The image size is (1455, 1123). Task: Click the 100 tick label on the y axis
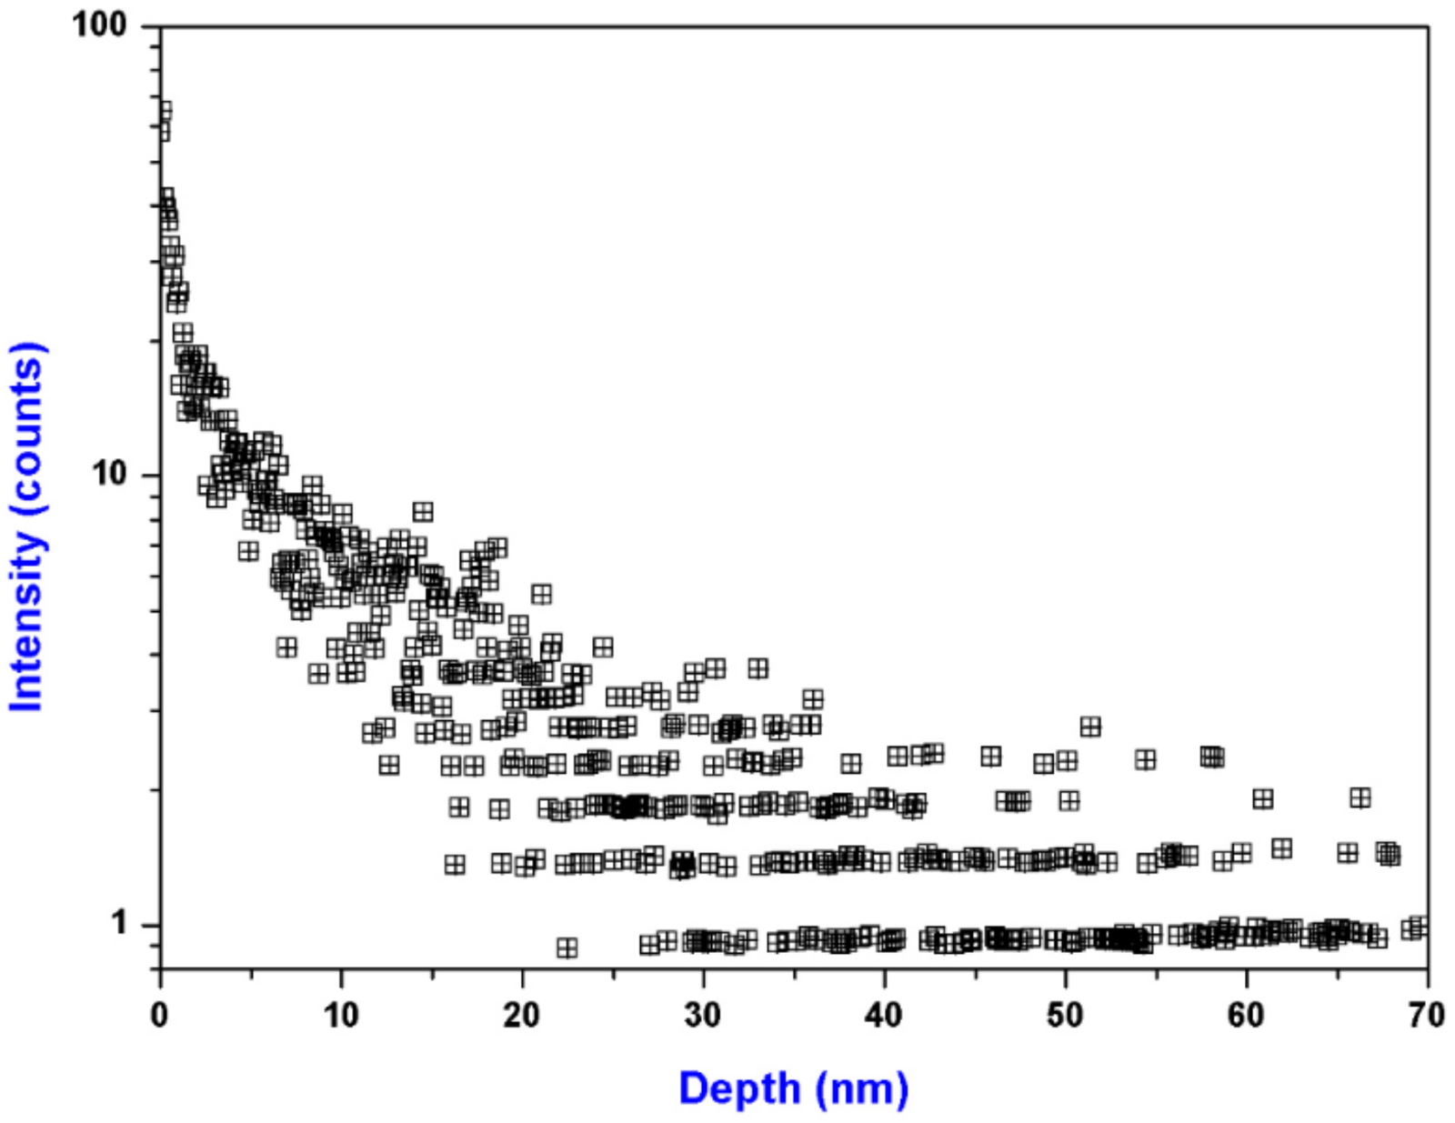coord(99,25)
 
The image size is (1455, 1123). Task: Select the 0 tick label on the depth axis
coord(160,1015)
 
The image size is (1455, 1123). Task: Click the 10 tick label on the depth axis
coord(341,1015)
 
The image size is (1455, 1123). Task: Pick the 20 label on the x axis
coord(522,1015)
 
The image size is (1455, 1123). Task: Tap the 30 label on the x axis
coord(703,1015)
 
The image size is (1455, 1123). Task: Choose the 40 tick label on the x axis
coord(884,1015)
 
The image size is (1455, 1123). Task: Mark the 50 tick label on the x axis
coord(1065,1015)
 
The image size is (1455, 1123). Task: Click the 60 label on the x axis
coord(1246,1015)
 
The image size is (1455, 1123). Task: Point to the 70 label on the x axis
coord(1427,1015)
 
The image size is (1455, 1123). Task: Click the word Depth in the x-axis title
coord(739,1088)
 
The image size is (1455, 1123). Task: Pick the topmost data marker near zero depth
coord(164,111)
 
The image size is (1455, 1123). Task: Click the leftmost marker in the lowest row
coord(567,948)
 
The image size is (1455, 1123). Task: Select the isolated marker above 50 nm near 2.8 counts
coord(1090,727)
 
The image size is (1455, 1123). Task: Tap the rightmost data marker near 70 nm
coord(1420,927)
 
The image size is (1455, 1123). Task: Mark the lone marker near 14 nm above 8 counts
coord(422,512)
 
